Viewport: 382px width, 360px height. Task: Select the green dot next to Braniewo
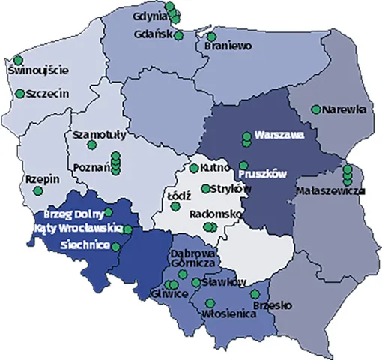(211, 36)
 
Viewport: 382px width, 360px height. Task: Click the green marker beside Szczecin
(19, 94)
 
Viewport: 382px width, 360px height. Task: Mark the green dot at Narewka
(315, 109)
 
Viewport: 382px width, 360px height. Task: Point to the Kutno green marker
(193, 169)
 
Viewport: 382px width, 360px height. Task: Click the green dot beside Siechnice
(115, 246)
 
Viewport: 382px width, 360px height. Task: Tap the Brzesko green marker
(255, 294)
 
